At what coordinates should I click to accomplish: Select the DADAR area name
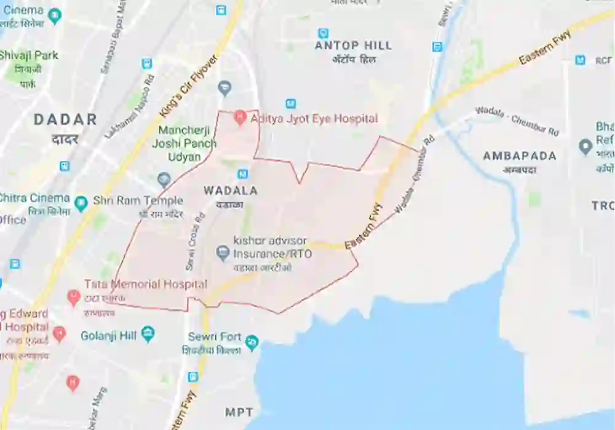pyautogui.click(x=65, y=120)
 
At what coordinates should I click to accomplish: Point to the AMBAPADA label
pyautogui.click(x=520, y=156)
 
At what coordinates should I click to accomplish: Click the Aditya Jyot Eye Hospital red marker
pyautogui.click(x=240, y=117)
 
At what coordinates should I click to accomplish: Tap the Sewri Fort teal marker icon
pyautogui.click(x=251, y=342)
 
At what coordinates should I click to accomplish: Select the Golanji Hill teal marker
pyautogui.click(x=147, y=335)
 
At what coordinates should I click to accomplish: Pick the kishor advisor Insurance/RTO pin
pyautogui.click(x=223, y=252)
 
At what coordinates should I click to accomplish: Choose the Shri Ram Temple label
pyautogui.click(x=138, y=201)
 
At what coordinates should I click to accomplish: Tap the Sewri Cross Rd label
pyautogui.click(x=194, y=243)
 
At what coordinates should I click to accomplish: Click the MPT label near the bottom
pyautogui.click(x=239, y=412)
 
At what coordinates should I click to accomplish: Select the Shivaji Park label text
pyautogui.click(x=28, y=55)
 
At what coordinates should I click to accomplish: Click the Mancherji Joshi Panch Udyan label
pyautogui.click(x=187, y=143)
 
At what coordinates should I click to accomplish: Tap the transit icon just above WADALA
pyautogui.click(x=243, y=174)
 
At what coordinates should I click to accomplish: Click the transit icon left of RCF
pyautogui.click(x=580, y=60)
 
